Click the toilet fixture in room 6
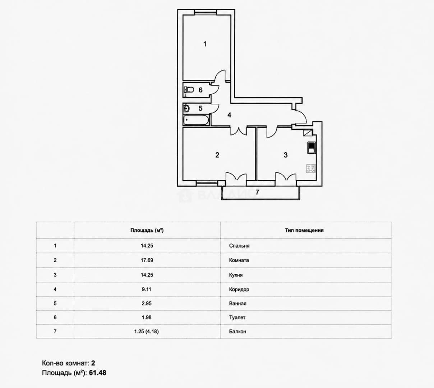tap(189, 89)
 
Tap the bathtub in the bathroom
tap(196, 120)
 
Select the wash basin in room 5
tap(186, 108)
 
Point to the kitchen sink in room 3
tap(311, 148)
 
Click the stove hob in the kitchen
tap(311, 168)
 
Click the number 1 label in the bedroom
tap(205, 44)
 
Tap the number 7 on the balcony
tap(257, 192)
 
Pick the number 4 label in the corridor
tap(229, 115)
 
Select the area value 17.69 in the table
tap(147, 260)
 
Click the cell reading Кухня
tap(236, 275)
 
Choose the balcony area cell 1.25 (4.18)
tap(147, 332)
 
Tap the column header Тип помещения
tap(304, 230)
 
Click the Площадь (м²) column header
tap(147, 230)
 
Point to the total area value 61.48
tap(98, 373)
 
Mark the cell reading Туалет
tap(237, 317)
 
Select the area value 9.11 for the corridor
tap(147, 289)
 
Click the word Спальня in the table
tap(239, 246)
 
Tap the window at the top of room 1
tap(206, 12)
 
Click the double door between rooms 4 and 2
tap(239, 130)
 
